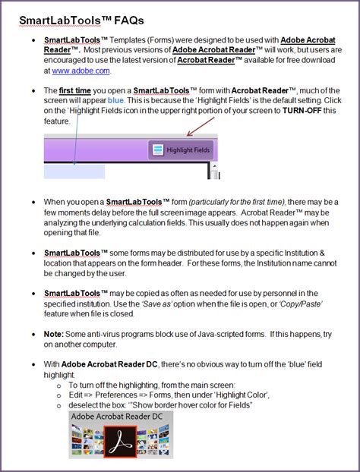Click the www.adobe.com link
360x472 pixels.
[x=81, y=71]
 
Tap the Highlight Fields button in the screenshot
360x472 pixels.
[x=182, y=149]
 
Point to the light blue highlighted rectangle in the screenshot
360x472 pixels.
[x=74, y=171]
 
